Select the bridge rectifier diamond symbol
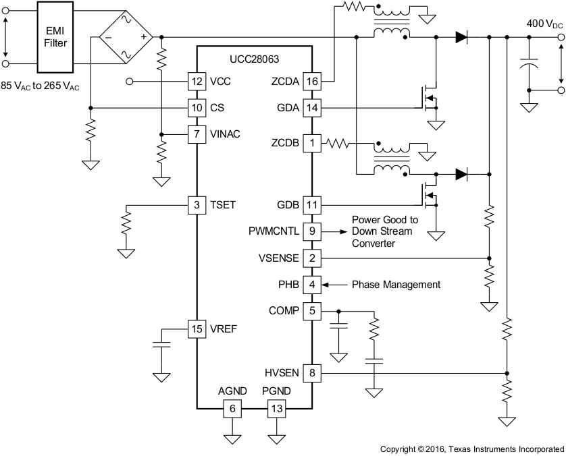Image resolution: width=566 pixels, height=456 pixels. pyautogui.click(x=126, y=37)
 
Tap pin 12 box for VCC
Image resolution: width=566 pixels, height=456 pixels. pyautogui.click(x=197, y=81)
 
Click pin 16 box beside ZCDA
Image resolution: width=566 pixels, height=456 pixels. pyautogui.click(x=312, y=81)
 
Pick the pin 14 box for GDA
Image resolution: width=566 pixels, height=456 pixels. pyautogui.click(x=312, y=107)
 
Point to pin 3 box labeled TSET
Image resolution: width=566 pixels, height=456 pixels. pyautogui.click(x=197, y=204)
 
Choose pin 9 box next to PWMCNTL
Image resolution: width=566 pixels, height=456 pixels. pyautogui.click(x=312, y=231)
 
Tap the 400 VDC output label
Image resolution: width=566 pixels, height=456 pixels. pyautogui.click(x=544, y=24)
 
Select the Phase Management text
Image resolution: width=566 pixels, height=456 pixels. pyautogui.click(x=396, y=285)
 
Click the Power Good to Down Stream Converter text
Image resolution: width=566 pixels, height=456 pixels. pyautogui.click(x=385, y=231)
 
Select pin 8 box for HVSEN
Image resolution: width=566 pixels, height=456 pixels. pyautogui.click(x=312, y=371)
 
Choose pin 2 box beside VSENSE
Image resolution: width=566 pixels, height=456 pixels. pyautogui.click(x=312, y=258)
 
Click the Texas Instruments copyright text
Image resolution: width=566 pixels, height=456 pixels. pyautogui.click(x=471, y=449)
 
